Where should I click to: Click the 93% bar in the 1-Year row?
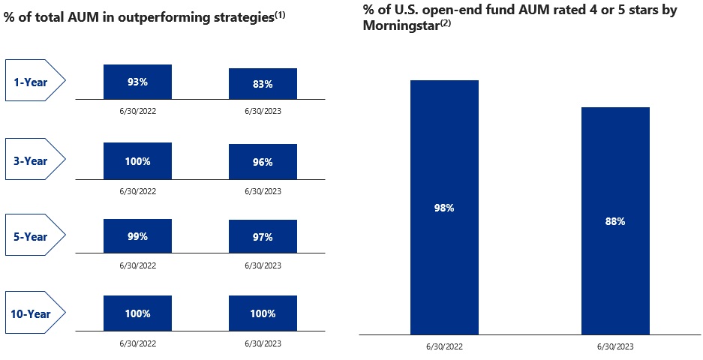point(138,82)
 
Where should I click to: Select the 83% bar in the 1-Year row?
point(263,84)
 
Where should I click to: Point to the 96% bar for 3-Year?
point(263,162)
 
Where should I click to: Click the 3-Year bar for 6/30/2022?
point(138,160)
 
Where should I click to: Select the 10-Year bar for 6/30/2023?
point(263,313)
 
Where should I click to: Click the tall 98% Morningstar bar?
point(444,207)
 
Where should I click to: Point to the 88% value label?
point(615,222)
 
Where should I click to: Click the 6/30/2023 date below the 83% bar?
point(263,111)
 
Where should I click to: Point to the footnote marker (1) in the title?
point(278,13)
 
